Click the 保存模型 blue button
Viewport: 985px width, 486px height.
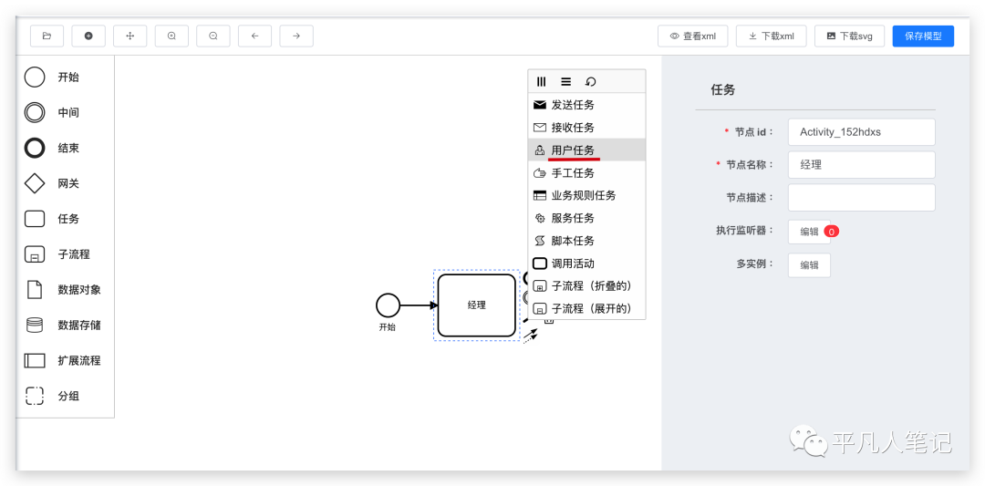click(x=923, y=36)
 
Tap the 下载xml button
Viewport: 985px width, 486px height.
click(x=771, y=36)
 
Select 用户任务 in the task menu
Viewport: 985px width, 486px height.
click(x=573, y=150)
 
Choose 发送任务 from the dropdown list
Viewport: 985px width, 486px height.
click(x=573, y=105)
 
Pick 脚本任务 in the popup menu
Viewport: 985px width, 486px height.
click(x=573, y=241)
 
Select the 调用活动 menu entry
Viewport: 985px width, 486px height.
click(x=573, y=264)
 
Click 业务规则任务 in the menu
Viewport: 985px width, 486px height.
click(x=583, y=195)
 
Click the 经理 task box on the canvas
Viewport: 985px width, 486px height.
click(x=476, y=305)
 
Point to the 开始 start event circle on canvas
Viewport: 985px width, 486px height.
click(x=388, y=305)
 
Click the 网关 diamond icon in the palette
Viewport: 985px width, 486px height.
click(x=35, y=183)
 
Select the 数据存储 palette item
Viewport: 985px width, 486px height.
click(x=35, y=325)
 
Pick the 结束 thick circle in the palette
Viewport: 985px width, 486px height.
click(x=35, y=148)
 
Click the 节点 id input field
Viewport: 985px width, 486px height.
click(x=861, y=131)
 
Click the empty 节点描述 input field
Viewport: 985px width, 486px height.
click(x=861, y=197)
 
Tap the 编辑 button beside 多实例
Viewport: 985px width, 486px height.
click(x=809, y=264)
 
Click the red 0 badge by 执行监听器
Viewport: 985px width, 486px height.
click(x=831, y=232)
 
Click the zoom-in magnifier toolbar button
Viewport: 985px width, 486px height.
click(x=171, y=36)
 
